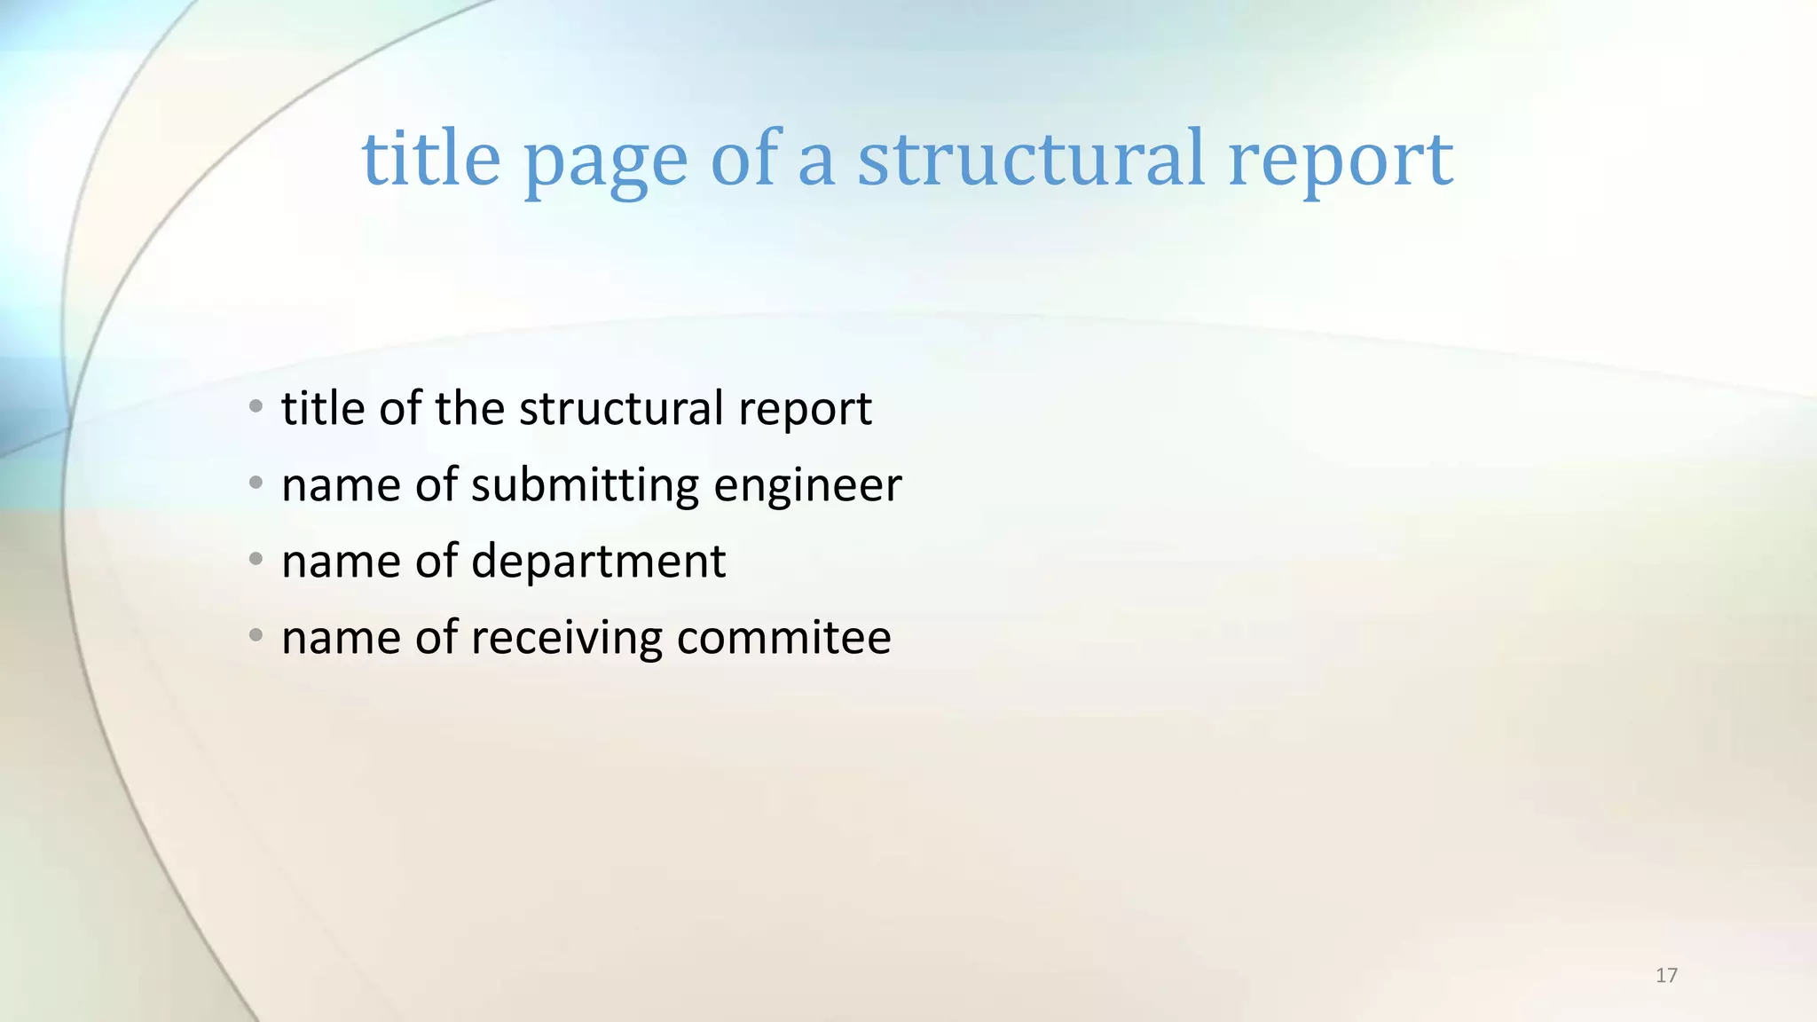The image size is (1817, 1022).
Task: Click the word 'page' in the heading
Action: pos(605,161)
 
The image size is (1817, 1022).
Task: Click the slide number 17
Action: pos(1666,976)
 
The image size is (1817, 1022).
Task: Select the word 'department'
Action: pos(598,562)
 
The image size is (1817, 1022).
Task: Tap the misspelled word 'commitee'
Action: pos(783,638)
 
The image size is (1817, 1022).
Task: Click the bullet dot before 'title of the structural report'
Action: pos(256,407)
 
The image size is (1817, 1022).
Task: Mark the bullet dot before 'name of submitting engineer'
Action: pos(256,483)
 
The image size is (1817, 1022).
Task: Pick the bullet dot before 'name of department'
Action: pos(256,560)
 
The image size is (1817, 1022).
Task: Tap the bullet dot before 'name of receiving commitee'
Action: pos(256,636)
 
